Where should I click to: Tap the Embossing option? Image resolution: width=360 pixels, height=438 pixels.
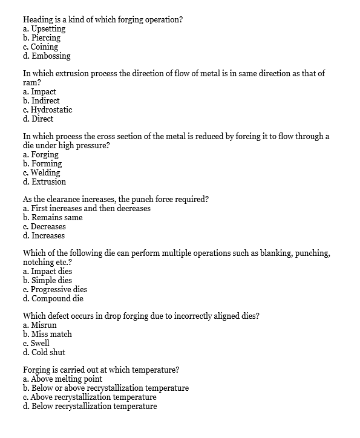(x=50, y=56)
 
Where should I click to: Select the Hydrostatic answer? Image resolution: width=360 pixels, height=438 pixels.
(x=51, y=109)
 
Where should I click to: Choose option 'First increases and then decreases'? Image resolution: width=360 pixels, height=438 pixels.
(x=91, y=208)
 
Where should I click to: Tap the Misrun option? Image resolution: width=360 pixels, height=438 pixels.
(x=45, y=325)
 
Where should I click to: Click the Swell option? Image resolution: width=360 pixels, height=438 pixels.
(x=43, y=343)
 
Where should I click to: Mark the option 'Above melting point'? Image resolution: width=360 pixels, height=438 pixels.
(x=66, y=379)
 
